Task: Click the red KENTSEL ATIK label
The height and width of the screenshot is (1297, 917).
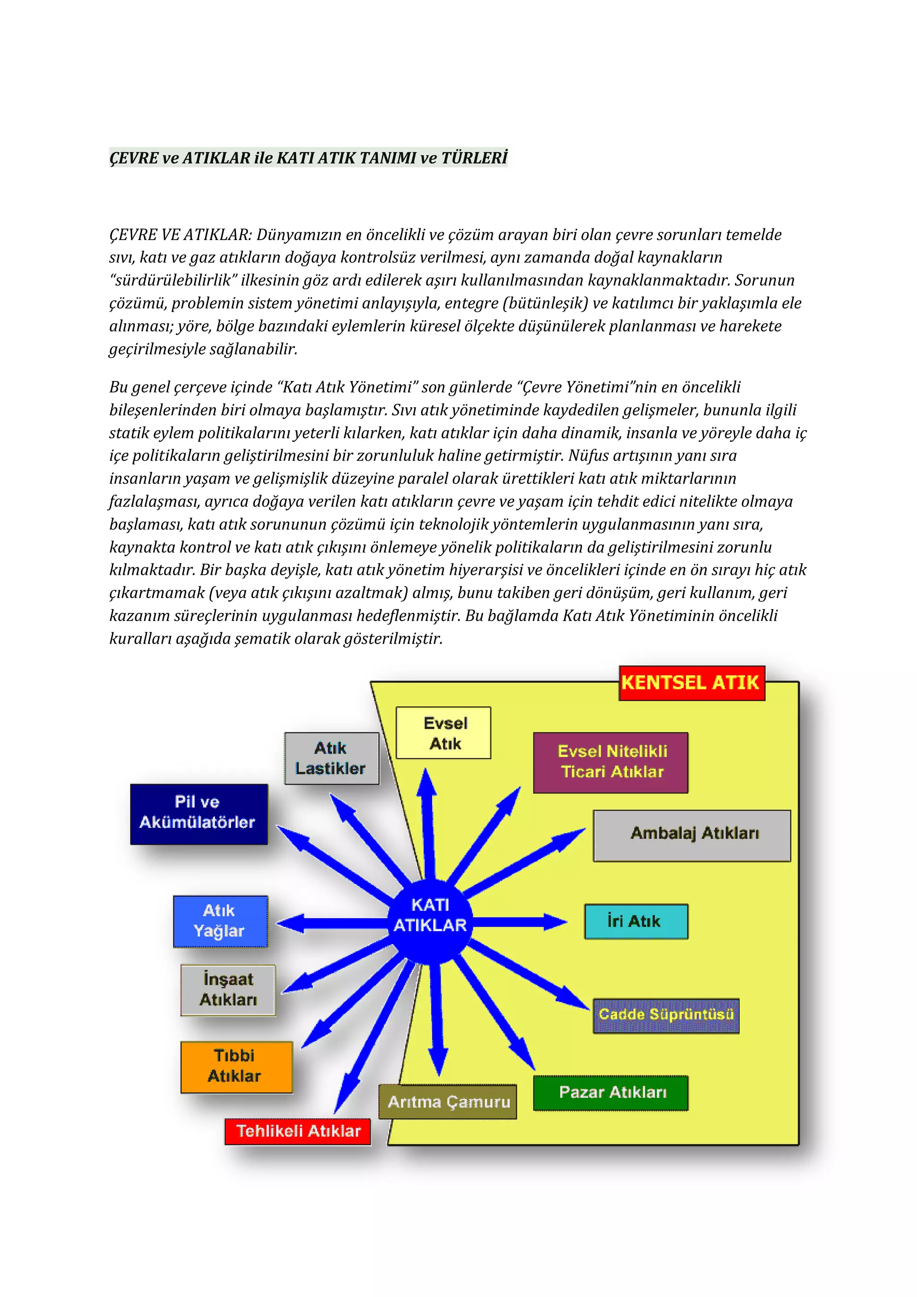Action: (692, 683)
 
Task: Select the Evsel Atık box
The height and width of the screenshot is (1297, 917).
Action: (444, 733)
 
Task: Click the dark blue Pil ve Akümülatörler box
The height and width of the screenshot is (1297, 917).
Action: (199, 814)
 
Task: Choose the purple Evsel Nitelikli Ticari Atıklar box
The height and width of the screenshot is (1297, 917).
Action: (611, 762)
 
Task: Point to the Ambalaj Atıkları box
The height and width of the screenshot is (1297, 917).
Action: (692, 835)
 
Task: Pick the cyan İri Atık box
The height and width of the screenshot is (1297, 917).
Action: (636, 921)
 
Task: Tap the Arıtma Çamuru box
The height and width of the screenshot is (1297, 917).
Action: (447, 1101)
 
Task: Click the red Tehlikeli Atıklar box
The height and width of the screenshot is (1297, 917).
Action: (298, 1131)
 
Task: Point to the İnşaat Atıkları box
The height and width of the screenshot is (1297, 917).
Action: (228, 990)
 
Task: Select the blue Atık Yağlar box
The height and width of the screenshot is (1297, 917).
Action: (220, 921)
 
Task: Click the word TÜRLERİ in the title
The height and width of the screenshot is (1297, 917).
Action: (474, 158)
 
